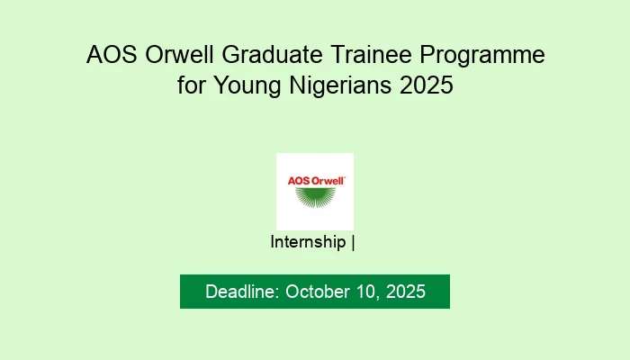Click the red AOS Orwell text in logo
(316, 180)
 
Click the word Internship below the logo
(308, 242)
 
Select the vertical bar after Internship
(353, 242)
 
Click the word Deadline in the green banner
(240, 292)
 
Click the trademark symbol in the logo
(345, 177)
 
